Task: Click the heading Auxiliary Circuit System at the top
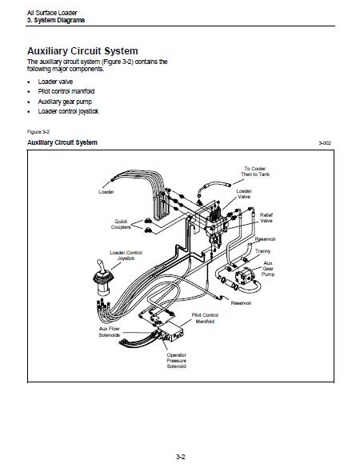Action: (82, 51)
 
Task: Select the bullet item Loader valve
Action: (55, 82)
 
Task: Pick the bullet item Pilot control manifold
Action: (66, 91)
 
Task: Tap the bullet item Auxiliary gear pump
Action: (65, 102)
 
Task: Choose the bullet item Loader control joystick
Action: (68, 111)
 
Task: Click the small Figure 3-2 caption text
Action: (38, 132)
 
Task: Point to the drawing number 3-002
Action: (325, 142)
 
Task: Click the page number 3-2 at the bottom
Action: (180, 457)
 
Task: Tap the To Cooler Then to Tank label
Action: (255, 171)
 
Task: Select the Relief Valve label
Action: (266, 218)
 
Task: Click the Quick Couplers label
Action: (121, 224)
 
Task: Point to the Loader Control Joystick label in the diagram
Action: (126, 255)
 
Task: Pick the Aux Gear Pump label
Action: (268, 269)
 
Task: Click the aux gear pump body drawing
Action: (244, 277)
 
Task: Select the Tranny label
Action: (262, 251)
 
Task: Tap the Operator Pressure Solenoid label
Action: (176, 361)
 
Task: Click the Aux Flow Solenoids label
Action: (110, 332)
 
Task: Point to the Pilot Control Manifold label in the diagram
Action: (205, 318)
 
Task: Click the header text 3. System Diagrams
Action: (56, 20)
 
